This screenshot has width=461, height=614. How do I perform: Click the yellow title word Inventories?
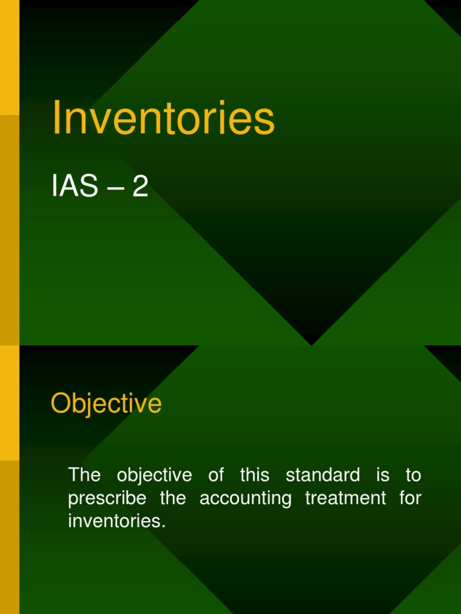pyautogui.click(x=163, y=118)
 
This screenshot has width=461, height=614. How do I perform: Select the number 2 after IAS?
pyautogui.click(x=140, y=188)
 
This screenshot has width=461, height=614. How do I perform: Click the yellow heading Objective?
pyautogui.click(x=106, y=404)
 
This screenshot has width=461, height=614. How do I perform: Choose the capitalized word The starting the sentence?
pyautogui.click(x=84, y=475)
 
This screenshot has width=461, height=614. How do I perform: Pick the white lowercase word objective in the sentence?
pyautogui.click(x=154, y=476)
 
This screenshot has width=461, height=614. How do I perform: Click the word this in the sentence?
pyautogui.click(x=255, y=475)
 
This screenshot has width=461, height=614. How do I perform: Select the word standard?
pyautogui.click(x=323, y=475)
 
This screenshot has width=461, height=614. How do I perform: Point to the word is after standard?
pyautogui.click(x=382, y=475)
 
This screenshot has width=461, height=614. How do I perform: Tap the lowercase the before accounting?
pyautogui.click(x=173, y=498)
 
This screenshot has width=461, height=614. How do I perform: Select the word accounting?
pyautogui.click(x=246, y=499)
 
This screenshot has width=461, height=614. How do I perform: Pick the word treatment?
pyautogui.click(x=346, y=498)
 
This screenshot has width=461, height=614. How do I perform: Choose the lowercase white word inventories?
pyautogui.click(x=116, y=521)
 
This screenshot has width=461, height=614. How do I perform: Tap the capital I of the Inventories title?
pyautogui.click(x=56, y=118)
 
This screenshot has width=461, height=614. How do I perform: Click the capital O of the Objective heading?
pyautogui.click(x=59, y=404)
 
